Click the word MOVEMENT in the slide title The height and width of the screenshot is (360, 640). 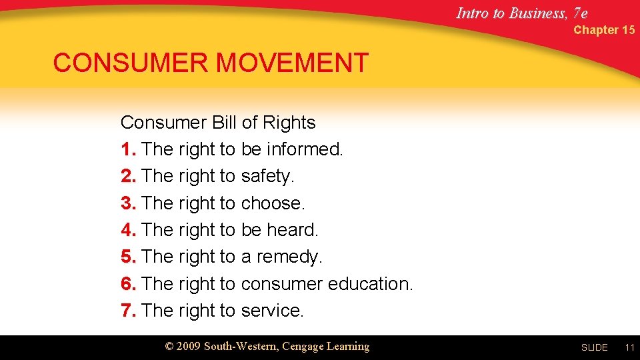(x=292, y=63)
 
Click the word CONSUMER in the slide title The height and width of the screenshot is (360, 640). (x=131, y=63)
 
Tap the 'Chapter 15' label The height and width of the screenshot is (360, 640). (x=604, y=30)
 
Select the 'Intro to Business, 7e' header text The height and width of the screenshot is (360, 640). (x=522, y=13)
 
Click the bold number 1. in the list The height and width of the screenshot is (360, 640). (x=129, y=149)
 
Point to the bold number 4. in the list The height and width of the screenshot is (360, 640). (x=129, y=230)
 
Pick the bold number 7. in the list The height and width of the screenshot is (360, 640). (x=129, y=311)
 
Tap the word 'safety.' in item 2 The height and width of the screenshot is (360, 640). (x=267, y=176)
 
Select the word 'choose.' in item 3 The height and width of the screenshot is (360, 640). (x=273, y=203)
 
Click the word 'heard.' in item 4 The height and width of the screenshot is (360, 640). (x=293, y=230)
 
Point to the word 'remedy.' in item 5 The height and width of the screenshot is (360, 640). (x=289, y=257)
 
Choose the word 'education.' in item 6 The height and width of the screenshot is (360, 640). (x=370, y=284)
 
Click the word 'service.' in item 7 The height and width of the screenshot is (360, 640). (x=272, y=311)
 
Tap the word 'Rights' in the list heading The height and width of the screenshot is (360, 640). (x=289, y=123)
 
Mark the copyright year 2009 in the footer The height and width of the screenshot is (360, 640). (x=189, y=347)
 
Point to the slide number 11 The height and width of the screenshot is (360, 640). (x=629, y=347)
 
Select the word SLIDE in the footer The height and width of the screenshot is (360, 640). (x=594, y=347)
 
